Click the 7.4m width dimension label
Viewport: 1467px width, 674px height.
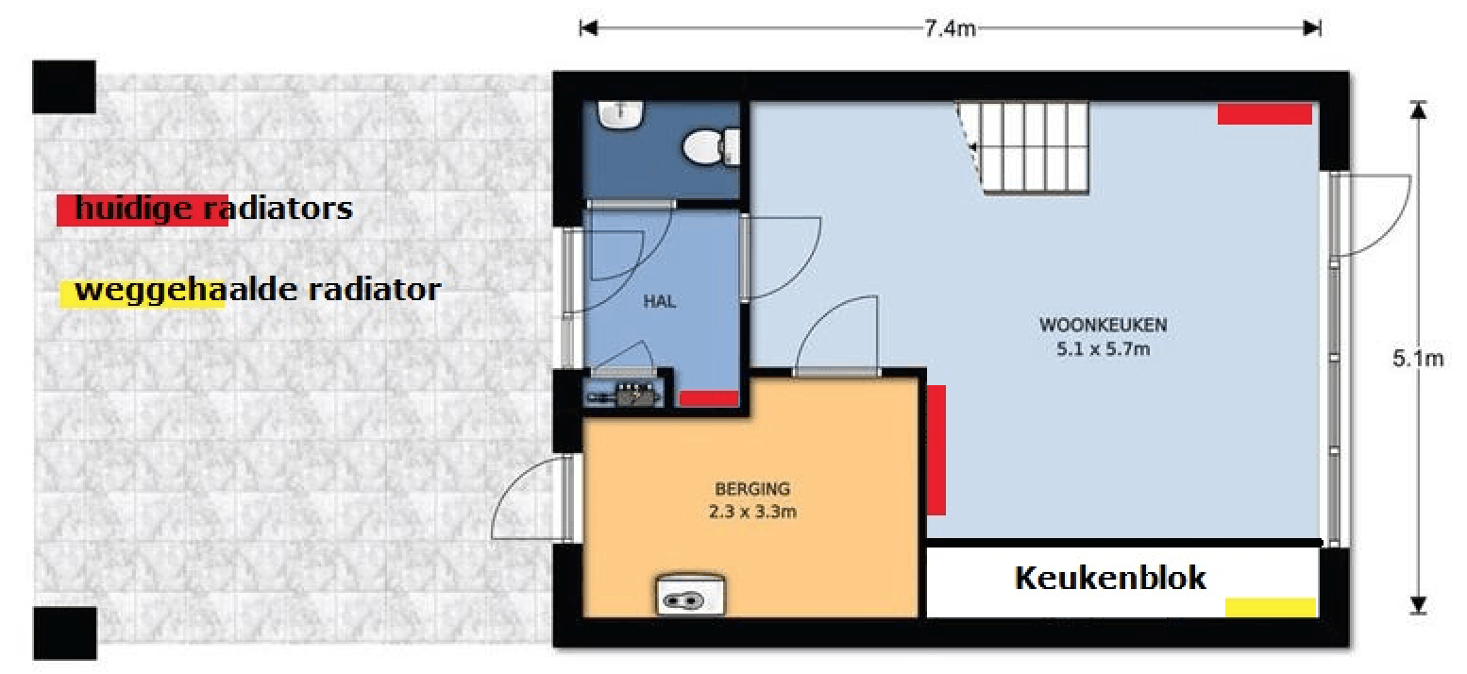pos(950,29)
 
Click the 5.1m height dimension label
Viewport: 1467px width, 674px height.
pos(1418,359)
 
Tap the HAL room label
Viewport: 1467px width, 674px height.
pos(660,301)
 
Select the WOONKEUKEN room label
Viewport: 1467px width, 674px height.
pos(1103,325)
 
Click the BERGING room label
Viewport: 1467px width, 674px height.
pos(752,489)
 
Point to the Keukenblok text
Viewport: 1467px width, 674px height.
pos(1110,578)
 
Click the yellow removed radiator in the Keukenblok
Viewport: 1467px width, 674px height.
pos(1271,607)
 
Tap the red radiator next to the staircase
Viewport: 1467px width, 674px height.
pos(1265,114)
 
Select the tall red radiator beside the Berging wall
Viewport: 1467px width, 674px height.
pos(936,450)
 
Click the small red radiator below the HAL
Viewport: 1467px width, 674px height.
pos(709,398)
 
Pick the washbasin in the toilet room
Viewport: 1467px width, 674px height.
pos(620,114)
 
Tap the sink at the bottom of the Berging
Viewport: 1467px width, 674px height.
pos(690,595)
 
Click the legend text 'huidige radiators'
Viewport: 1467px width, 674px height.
pos(213,209)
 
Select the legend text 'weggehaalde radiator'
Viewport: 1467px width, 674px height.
pos(258,290)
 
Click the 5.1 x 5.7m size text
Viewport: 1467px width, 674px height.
pos(1103,349)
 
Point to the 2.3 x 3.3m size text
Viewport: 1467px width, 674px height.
pos(752,511)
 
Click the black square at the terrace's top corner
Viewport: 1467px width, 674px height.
pos(64,87)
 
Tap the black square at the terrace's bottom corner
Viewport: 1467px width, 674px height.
pos(65,632)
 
